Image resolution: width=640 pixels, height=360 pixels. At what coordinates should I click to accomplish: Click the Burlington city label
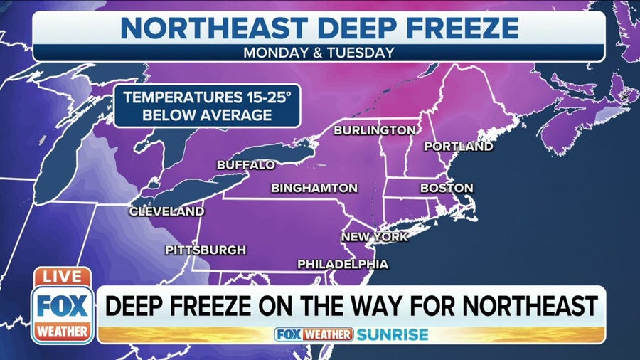pos(374,130)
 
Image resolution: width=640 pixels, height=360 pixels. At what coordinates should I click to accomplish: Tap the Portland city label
pos(458,147)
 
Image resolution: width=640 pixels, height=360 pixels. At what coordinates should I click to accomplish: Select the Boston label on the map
pos(447,188)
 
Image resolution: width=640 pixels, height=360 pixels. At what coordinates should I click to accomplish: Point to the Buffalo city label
pos(245,165)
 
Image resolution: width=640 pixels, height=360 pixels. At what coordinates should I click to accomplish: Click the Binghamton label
pos(314,189)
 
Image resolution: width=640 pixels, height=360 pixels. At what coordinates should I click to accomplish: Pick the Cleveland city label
pos(166,211)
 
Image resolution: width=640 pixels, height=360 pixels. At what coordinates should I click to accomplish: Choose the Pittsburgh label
pos(206,250)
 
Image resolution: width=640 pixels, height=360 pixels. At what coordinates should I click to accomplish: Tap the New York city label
pos(375,236)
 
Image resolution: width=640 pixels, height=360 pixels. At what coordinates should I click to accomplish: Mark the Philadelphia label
pos(343,264)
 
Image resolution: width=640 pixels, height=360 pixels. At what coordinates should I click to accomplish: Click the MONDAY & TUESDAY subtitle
pos(319,53)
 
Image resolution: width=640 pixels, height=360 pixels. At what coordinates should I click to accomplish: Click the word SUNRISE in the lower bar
pos(393,334)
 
